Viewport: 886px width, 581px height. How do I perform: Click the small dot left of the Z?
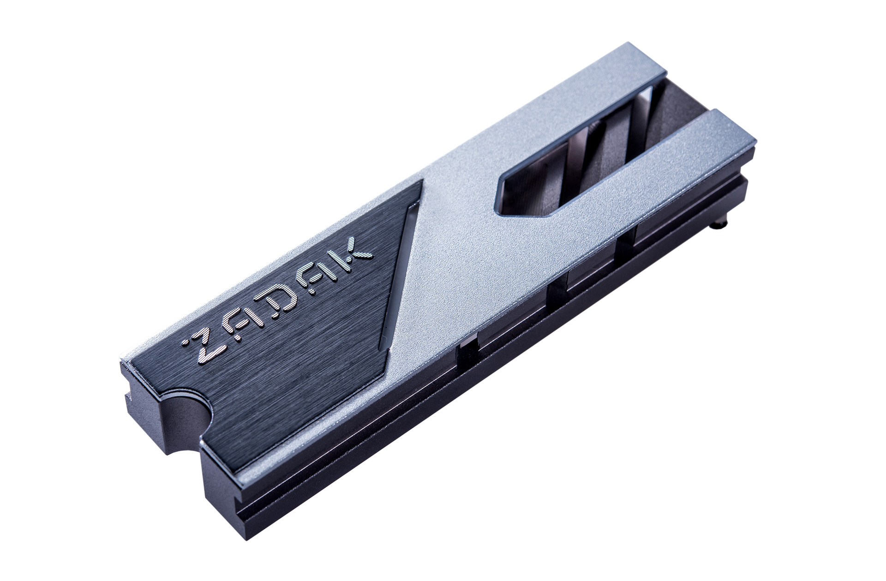tap(185, 343)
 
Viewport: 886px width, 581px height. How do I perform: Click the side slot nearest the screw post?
tap(626, 249)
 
